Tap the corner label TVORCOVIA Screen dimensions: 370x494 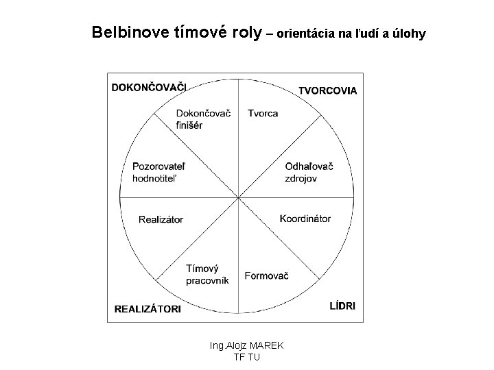click(x=327, y=90)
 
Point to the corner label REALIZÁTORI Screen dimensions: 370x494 click(x=148, y=309)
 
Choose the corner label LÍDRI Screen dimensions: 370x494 click(x=342, y=306)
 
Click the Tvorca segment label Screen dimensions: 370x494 click(x=263, y=113)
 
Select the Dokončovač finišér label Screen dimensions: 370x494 click(x=202, y=119)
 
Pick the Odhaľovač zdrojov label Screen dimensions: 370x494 click(x=309, y=172)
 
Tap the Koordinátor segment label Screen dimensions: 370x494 click(x=305, y=219)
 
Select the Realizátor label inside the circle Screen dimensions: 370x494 click(x=161, y=219)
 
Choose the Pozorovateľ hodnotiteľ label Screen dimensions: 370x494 click(x=159, y=172)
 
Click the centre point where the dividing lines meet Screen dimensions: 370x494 click(x=238, y=199)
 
